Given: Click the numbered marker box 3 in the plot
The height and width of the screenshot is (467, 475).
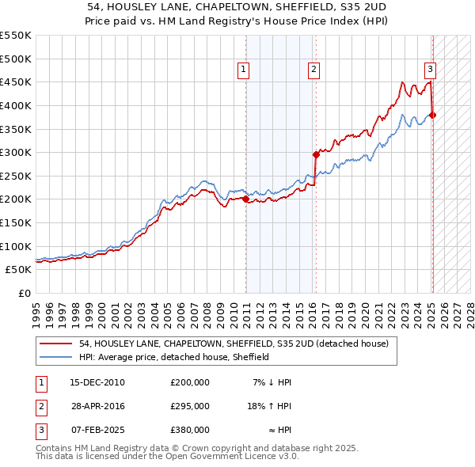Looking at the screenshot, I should pos(430,69).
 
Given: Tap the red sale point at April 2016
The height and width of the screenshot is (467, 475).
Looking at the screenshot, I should pos(316,155).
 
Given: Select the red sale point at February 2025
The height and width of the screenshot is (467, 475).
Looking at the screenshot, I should pos(432,116).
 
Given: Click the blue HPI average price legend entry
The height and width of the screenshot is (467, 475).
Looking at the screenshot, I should pos(174,357).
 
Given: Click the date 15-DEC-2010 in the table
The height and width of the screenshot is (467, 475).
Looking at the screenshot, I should pos(98,382).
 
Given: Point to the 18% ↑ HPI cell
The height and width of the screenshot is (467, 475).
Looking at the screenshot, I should pos(269,406).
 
